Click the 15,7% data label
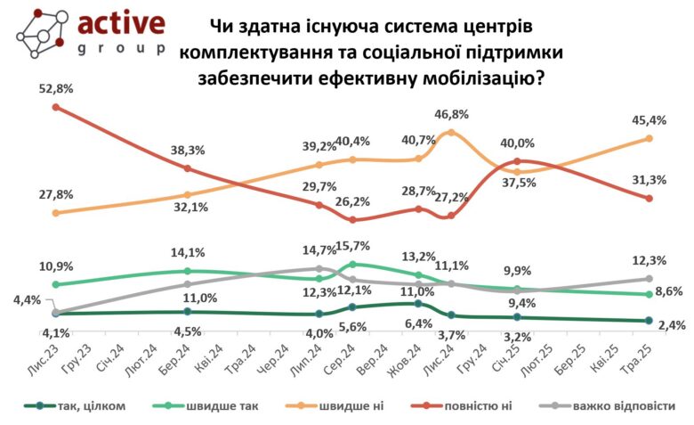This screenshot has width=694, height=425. point(353,247)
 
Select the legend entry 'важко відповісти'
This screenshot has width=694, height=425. point(621,406)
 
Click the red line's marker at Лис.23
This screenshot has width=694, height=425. point(55,107)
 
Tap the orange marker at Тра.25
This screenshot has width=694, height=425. point(649,138)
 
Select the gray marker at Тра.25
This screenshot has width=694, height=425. point(649,279)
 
